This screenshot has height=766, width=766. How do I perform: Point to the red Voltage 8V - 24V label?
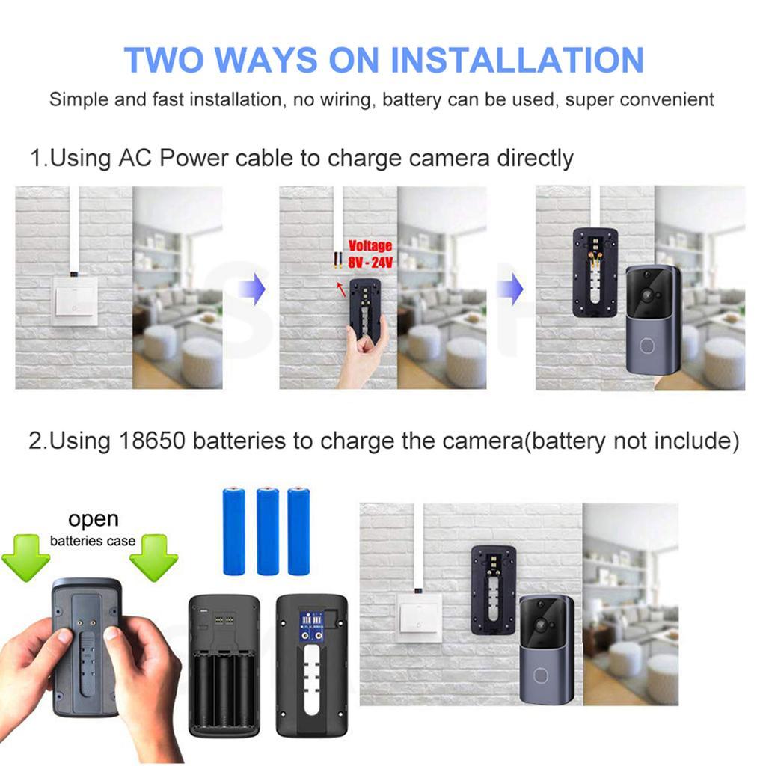tap(370, 254)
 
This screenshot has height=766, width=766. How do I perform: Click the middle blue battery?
tap(268, 530)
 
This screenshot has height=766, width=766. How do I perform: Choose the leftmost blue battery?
tap(234, 530)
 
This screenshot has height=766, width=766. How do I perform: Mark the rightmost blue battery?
tap(299, 530)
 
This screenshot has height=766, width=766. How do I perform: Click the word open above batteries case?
tap(93, 518)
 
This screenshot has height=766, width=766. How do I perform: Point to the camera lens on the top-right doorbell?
tap(647, 295)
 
